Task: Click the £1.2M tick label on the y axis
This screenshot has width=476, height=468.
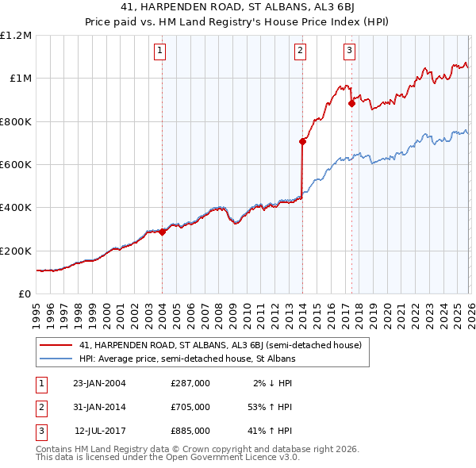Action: pyautogui.click(x=16, y=36)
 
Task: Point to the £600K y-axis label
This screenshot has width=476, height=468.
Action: pyautogui.click(x=16, y=165)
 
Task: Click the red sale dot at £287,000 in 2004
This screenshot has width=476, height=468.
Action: pyautogui.click(x=162, y=232)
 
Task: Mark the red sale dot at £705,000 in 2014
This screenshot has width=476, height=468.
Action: pyautogui.click(x=302, y=142)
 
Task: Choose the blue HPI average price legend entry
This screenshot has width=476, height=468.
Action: pyautogui.click(x=187, y=359)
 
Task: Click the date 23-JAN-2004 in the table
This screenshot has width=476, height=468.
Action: pyautogui.click(x=99, y=383)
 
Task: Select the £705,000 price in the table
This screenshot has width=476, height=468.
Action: pyautogui.click(x=190, y=407)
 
